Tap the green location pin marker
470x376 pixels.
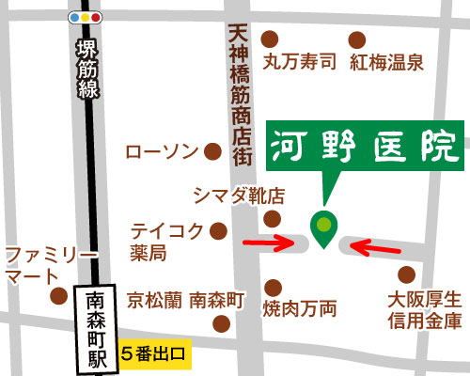324,228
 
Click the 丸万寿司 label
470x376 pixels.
299,63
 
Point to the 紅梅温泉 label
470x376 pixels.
386,63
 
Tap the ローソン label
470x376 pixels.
162,151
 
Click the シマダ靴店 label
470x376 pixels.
238,195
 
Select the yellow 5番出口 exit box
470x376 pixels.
156,356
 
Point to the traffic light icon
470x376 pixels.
86,18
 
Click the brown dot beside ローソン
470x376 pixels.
213,150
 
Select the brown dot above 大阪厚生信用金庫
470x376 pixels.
406,274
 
